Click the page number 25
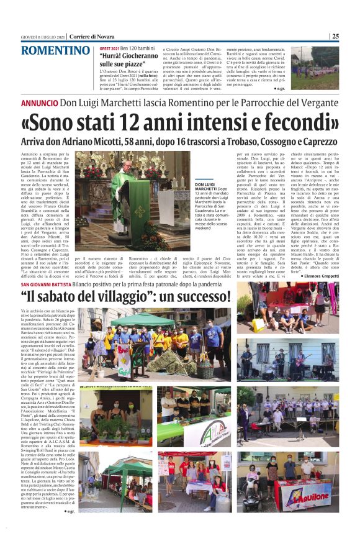[335, 36]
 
